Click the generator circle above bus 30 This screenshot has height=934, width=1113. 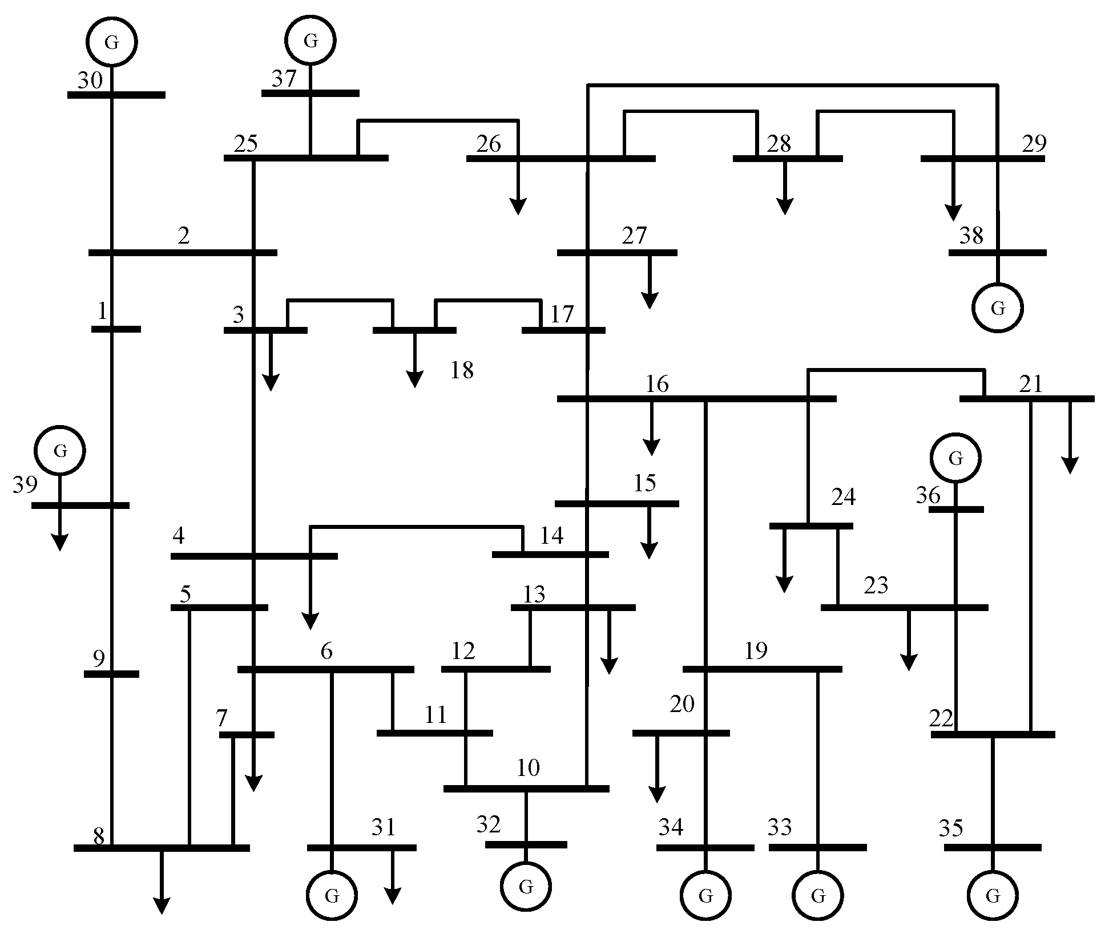(x=112, y=42)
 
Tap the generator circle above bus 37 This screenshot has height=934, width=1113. (x=310, y=41)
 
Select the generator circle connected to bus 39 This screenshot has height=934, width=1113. (x=60, y=451)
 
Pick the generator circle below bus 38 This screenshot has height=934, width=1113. (x=998, y=308)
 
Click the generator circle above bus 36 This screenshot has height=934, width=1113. (x=955, y=458)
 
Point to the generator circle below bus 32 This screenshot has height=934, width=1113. (x=526, y=887)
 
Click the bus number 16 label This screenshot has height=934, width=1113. (x=657, y=385)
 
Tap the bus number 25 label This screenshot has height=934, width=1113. (x=246, y=144)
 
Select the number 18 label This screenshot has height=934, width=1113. (x=462, y=371)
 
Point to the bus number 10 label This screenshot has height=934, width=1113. (x=528, y=769)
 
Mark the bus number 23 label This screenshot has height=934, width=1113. (x=876, y=585)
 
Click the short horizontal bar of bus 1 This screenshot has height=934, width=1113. (x=116, y=329)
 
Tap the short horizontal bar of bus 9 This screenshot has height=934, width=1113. (x=111, y=674)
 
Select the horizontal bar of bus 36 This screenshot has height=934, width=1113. (x=956, y=509)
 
